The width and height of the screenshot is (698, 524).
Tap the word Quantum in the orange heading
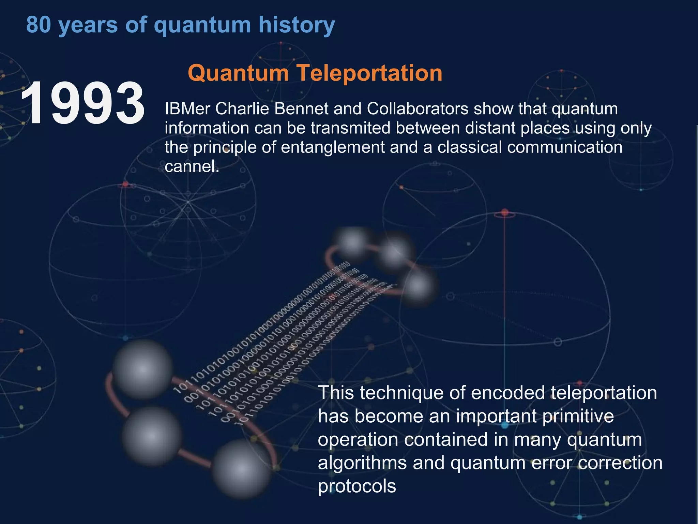(238, 73)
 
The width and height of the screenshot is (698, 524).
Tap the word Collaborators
(418, 109)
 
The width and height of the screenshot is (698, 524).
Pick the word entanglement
(333, 147)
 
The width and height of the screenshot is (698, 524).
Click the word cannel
(192, 167)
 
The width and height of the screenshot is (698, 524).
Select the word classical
(469, 147)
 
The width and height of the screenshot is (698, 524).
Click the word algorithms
(362, 463)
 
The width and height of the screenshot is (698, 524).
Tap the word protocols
(357, 486)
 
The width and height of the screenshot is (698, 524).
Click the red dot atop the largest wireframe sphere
(505, 213)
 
